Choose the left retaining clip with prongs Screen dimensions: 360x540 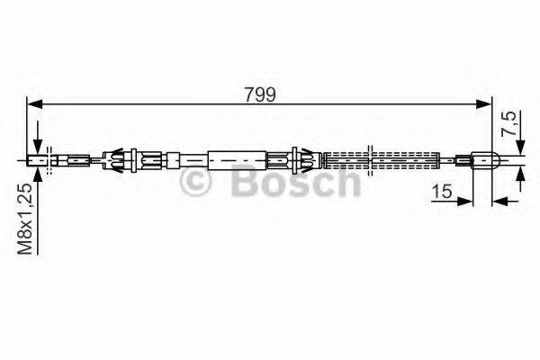coord(121,162)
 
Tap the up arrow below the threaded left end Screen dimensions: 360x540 coord(37,173)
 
